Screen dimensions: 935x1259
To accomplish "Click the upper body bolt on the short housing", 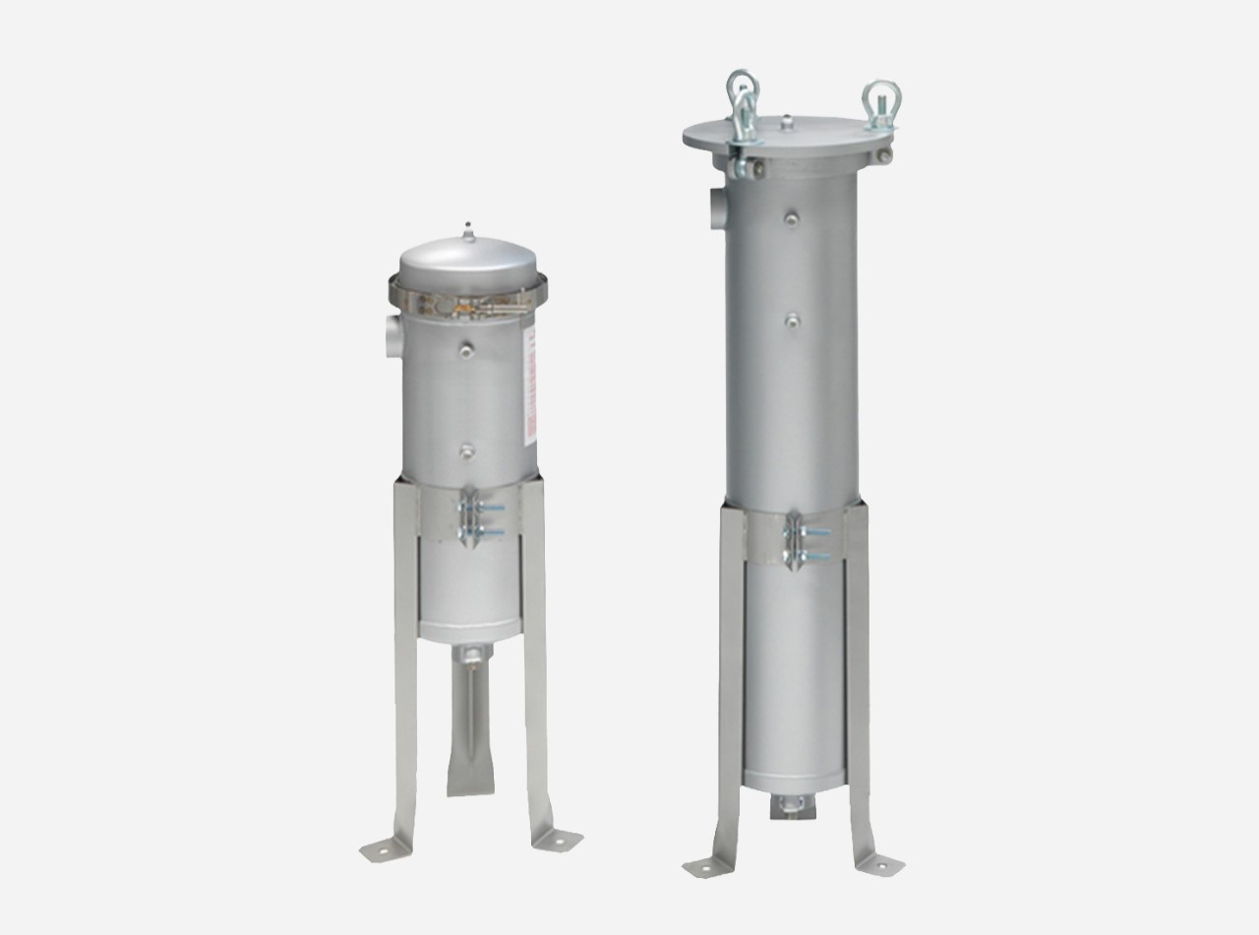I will pos(466,348).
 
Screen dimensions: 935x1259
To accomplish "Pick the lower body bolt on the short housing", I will pos(466,450).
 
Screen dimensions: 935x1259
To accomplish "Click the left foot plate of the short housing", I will pos(379,848).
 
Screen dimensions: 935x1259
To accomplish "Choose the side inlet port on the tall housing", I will pos(715,207).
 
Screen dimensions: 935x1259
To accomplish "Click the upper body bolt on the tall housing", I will pos(792,217).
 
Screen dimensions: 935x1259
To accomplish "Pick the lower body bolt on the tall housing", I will pos(792,320).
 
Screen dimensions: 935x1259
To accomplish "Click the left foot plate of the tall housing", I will pos(702,866).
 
